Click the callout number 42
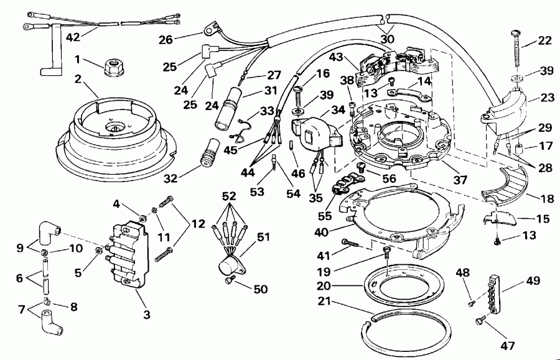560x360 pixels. coord(73,37)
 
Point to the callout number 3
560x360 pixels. coord(146,315)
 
